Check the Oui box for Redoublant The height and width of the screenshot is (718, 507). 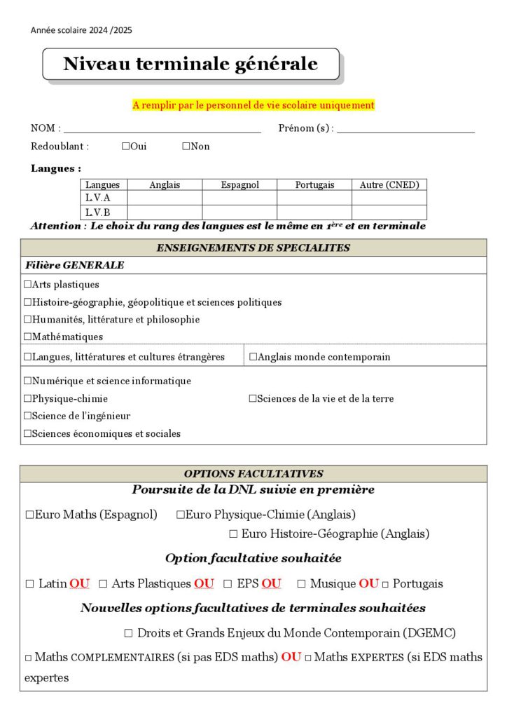click(x=125, y=147)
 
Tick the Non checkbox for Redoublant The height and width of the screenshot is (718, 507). click(x=186, y=147)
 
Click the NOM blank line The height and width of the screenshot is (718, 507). click(x=162, y=129)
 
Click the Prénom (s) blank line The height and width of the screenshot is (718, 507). click(x=405, y=129)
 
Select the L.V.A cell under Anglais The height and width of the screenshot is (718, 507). click(x=165, y=198)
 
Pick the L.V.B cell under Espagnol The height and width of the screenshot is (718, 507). click(x=239, y=212)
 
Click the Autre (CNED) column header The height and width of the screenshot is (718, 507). click(x=389, y=184)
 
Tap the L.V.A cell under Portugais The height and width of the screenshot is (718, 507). click(x=314, y=198)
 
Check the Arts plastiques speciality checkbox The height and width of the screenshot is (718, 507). click(x=28, y=285)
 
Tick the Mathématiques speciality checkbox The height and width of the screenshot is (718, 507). click(x=28, y=337)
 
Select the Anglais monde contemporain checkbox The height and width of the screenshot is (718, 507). click(x=253, y=357)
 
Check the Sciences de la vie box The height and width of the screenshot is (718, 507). click(x=253, y=399)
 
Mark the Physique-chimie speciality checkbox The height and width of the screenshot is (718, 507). click(x=28, y=399)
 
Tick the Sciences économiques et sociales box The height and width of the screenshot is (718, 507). click(x=28, y=434)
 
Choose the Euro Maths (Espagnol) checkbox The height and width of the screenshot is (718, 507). click(x=30, y=515)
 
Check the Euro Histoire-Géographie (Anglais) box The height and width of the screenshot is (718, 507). click(x=233, y=534)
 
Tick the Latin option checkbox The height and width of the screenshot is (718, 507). click(x=29, y=583)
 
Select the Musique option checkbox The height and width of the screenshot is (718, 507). click(x=301, y=583)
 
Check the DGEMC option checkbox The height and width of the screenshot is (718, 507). click(x=128, y=633)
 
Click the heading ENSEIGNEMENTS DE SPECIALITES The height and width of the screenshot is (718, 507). click(x=253, y=248)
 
